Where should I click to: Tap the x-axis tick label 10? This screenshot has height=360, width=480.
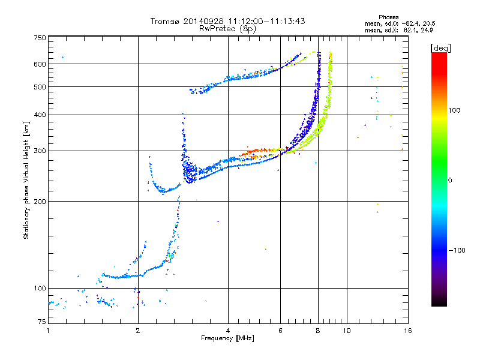click(x=346, y=331)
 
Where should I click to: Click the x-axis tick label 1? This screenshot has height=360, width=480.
click(x=48, y=331)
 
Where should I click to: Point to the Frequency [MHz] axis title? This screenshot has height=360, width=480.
click(x=227, y=338)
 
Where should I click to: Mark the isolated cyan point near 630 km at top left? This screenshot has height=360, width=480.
click(x=62, y=57)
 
